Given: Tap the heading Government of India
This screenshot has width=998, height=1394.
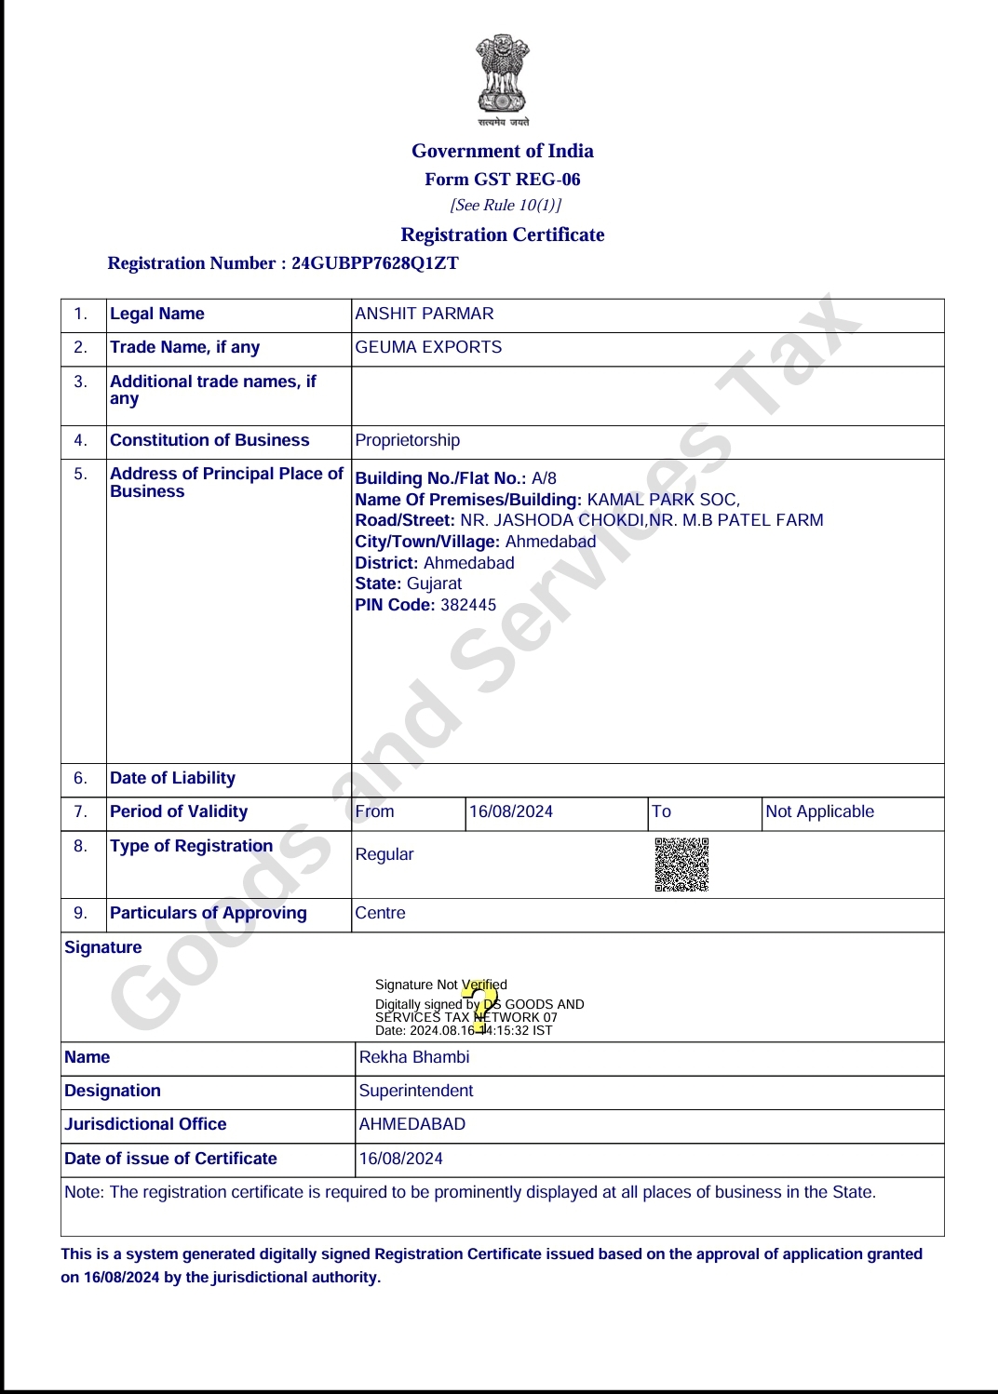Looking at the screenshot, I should pos(503,151).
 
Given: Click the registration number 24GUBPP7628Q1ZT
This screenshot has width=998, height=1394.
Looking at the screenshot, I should pos(374,263).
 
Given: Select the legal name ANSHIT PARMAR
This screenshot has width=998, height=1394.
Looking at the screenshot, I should pos(425,314).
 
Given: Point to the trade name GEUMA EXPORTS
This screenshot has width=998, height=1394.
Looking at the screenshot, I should pos(428,347).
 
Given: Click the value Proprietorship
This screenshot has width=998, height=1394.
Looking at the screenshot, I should pos(408,440).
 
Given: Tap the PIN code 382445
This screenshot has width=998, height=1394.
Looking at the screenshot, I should pos(468,605).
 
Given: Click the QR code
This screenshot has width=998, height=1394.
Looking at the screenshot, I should pos(681,865).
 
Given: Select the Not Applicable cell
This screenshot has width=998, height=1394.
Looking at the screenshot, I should pos(819,811).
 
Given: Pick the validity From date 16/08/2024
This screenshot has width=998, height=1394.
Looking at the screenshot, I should pos(511,811).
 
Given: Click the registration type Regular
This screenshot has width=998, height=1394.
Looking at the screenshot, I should pos(384,854).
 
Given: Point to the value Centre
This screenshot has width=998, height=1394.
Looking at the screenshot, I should pos(381,913).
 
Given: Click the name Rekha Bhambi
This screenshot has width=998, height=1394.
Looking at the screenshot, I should pos(414,1057).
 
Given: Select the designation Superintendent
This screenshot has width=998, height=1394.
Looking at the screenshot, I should pos(416,1091).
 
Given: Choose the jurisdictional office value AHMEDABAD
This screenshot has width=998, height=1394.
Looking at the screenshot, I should pos(412,1124).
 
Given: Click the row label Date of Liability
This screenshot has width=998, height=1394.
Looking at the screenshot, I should pos(172,778).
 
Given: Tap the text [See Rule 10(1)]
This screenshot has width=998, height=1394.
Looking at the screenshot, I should pos(506,205).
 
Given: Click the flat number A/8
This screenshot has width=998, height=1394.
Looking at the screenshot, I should pos(544,478).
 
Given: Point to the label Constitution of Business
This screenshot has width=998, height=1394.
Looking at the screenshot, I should pos(209,440).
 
